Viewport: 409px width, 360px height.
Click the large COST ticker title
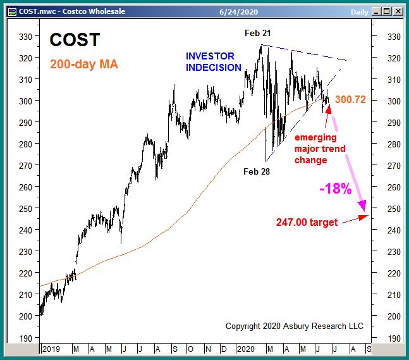(75, 40)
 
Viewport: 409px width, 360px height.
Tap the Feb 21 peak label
(258, 32)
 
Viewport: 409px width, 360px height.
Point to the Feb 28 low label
(257, 171)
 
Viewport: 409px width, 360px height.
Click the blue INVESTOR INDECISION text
(213, 62)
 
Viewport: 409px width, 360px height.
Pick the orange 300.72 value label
(351, 100)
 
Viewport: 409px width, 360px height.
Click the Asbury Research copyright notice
(295, 326)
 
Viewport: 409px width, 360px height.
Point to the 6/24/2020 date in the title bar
(236, 11)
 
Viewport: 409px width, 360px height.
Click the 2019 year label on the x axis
(52, 348)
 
